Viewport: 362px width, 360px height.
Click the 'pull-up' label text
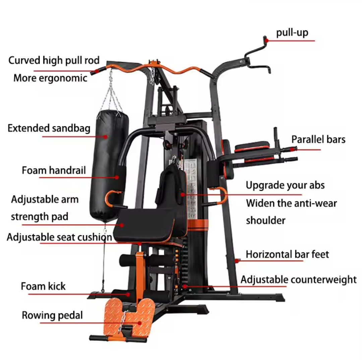tap(292, 33)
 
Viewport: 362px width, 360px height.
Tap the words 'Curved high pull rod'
tap(54, 60)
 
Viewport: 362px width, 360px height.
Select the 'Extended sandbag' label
tap(49, 128)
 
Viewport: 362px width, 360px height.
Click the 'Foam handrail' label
tap(54, 170)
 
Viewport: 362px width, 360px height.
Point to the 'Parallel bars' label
tap(318, 139)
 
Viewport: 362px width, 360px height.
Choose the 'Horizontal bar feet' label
tap(287, 254)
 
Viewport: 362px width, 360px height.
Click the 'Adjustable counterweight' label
tap(298, 280)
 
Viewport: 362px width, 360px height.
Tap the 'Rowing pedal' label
tap(52, 315)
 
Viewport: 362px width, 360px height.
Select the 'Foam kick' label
tap(43, 286)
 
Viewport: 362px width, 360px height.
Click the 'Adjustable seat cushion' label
tap(59, 237)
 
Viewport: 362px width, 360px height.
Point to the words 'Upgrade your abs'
tap(285, 185)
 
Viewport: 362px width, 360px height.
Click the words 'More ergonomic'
tap(50, 78)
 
